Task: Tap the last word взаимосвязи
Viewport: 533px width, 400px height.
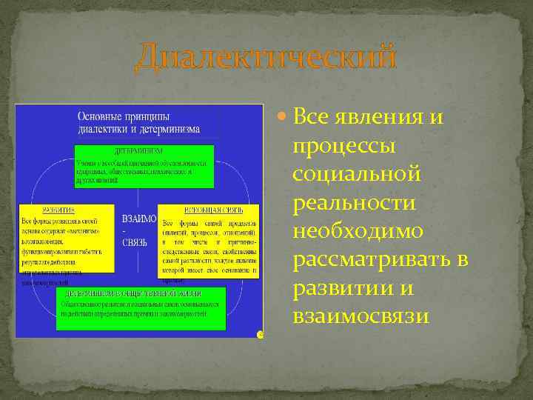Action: [361, 317]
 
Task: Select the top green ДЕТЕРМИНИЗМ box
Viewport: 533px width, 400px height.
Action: [144, 166]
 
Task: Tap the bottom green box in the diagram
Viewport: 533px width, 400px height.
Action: [141, 308]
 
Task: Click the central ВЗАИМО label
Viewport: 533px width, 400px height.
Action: [138, 220]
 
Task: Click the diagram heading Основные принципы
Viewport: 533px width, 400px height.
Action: [123, 116]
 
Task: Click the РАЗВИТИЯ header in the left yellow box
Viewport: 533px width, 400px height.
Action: [41, 210]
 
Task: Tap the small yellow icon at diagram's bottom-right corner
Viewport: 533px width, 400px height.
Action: [260, 335]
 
